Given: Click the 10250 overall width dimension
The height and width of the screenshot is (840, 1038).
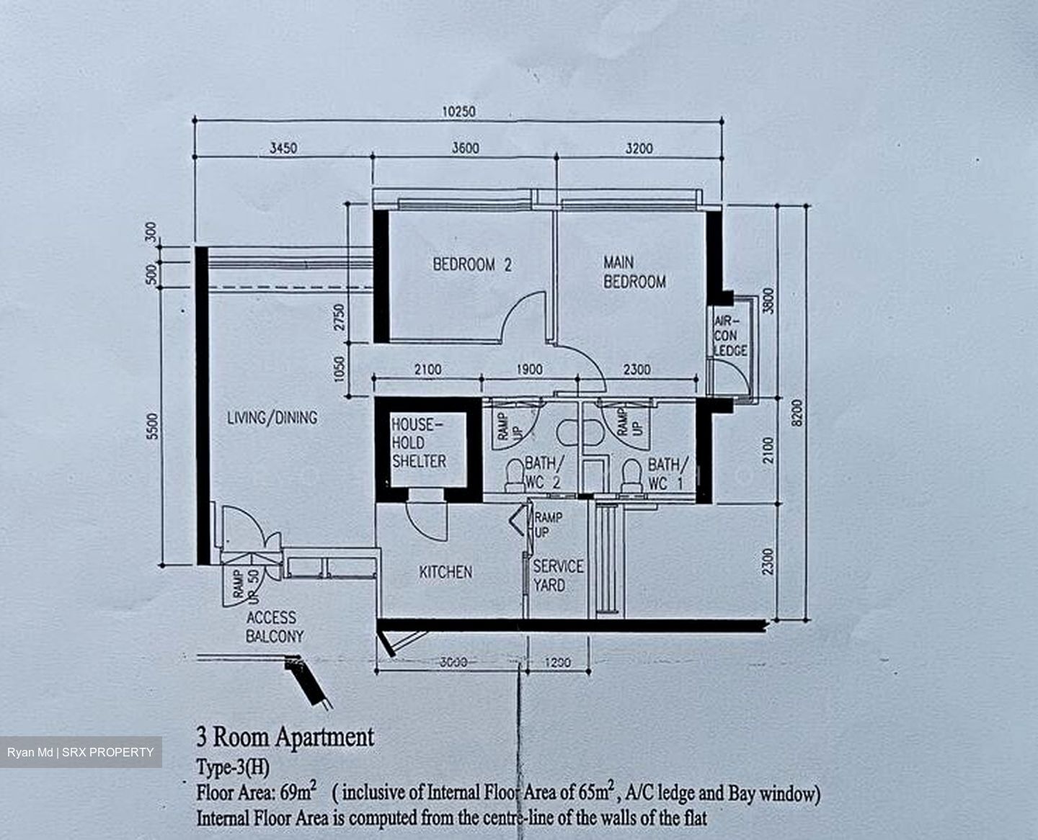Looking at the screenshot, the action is point(458,112).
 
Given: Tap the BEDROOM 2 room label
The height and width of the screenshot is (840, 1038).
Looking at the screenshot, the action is point(472,265).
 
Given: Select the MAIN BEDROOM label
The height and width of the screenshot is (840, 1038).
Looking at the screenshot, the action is point(634,272).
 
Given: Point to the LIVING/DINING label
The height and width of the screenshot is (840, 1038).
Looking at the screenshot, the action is point(272,417).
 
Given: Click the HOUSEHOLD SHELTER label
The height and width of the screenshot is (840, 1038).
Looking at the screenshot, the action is point(419,442).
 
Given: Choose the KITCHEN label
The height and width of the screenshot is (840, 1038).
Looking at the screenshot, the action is point(445,572).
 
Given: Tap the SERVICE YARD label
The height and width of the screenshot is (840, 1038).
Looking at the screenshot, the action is point(558,575).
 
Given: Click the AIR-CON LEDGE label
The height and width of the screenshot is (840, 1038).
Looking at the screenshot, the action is point(730,336).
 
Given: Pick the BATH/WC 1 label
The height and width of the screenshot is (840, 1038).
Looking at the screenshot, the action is point(667,474).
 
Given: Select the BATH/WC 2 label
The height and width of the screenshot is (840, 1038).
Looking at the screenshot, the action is point(544,473).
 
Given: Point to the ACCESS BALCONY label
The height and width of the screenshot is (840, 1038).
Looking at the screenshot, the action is point(275,627).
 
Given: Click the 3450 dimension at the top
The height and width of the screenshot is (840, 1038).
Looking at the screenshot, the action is point(283,148).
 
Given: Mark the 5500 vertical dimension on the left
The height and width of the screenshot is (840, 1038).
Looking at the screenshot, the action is point(153,426).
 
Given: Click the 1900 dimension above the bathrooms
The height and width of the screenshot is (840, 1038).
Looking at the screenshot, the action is point(529,370).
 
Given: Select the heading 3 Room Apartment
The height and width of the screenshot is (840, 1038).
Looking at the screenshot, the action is point(285,737).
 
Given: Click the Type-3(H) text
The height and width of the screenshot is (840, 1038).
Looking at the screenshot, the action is point(232,767).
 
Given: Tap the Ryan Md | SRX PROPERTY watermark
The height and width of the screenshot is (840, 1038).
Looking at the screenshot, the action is point(81,752).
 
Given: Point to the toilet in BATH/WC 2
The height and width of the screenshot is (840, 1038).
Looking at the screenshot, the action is point(514,475).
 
